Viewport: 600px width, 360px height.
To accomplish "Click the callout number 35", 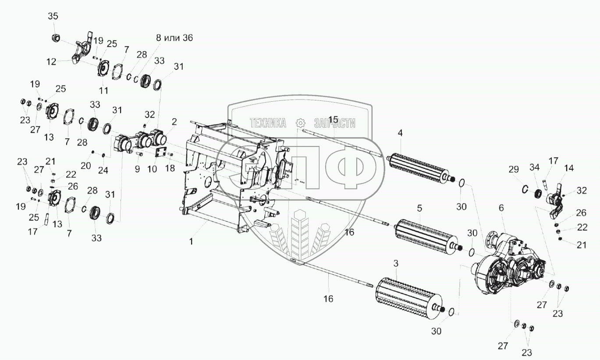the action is tap(53, 16).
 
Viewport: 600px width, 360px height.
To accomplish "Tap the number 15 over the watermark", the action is tap(333, 120).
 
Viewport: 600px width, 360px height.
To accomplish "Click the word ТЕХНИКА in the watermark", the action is tap(268, 123).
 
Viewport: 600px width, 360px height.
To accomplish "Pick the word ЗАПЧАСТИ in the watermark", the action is tap(334, 123).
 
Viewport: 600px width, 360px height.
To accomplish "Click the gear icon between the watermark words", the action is tap(300, 123).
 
